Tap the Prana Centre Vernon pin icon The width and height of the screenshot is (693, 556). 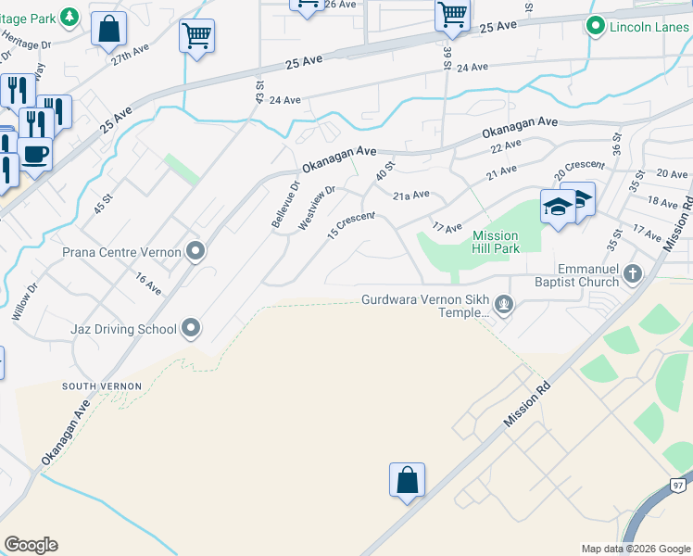click(195, 252)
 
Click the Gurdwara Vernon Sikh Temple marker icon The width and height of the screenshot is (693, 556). click(503, 304)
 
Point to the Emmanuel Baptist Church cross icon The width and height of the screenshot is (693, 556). click(632, 273)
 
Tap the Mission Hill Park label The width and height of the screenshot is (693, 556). click(496, 242)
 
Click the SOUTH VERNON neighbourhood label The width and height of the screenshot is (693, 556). click(102, 385)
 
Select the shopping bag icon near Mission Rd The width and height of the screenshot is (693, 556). click(407, 480)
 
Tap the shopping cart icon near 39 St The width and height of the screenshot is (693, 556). click(452, 15)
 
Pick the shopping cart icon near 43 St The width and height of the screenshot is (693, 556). click(196, 37)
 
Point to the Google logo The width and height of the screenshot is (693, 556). click(31, 545)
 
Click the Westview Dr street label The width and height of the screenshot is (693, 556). click(316, 209)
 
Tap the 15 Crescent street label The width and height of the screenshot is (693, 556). click(351, 225)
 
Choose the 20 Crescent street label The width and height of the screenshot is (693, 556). click(579, 170)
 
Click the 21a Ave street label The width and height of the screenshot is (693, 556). click(411, 196)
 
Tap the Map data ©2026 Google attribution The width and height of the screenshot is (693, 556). click(635, 549)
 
